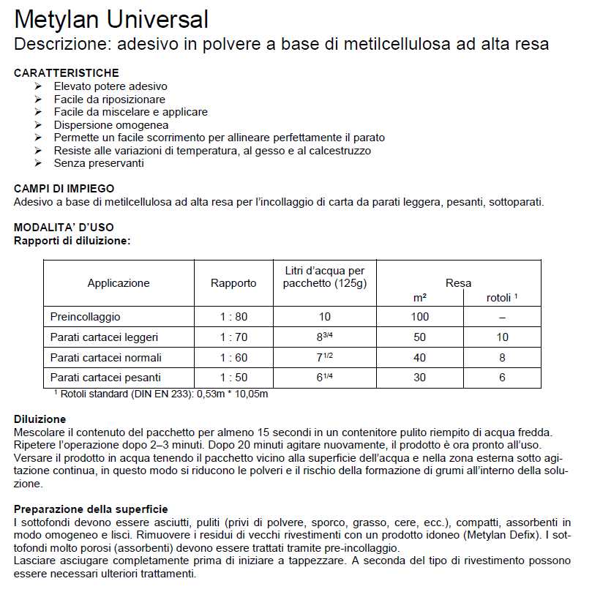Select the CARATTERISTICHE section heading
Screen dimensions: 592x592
click(67, 73)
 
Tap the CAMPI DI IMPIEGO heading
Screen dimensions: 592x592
click(64, 189)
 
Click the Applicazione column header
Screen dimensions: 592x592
click(119, 283)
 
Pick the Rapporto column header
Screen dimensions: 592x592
click(233, 283)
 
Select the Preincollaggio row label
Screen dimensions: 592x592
click(86, 317)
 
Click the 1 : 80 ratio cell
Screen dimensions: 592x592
click(233, 317)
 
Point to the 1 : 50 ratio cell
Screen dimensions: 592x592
click(233, 378)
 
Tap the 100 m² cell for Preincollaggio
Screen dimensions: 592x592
click(419, 317)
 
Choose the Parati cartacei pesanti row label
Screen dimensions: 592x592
click(105, 378)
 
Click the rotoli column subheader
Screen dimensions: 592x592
click(502, 298)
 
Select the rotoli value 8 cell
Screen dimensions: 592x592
click(502, 358)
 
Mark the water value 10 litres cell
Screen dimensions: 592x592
click(325, 317)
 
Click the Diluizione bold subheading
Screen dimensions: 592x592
click(40, 419)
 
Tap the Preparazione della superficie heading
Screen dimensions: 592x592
click(91, 509)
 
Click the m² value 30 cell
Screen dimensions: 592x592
click(419, 378)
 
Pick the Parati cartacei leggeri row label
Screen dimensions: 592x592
click(104, 337)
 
